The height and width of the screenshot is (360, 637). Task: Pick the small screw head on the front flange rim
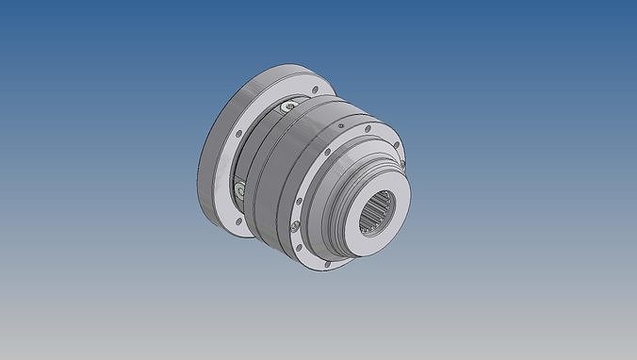coord(295,226)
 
